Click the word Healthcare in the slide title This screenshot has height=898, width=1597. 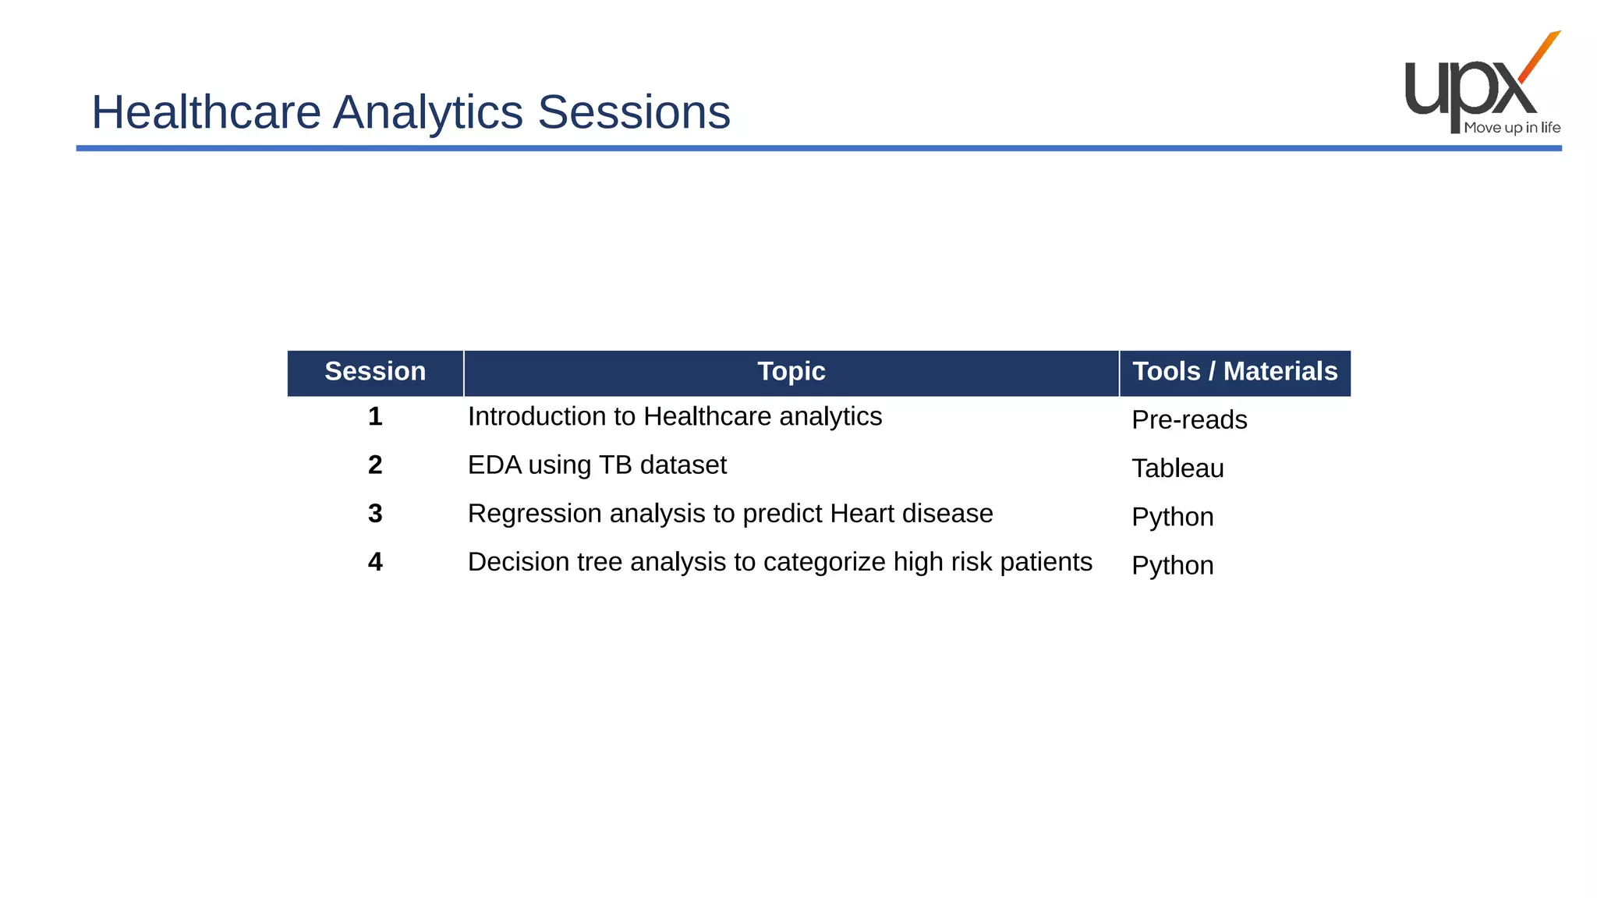tap(206, 112)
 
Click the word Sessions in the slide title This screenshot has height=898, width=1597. tap(633, 112)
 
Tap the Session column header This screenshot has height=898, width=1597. tap(375, 372)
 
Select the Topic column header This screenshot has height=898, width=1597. tap(791, 372)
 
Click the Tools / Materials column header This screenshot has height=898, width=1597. tap(1234, 372)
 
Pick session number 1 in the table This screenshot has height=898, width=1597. tap(375, 416)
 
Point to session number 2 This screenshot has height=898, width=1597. tap(375, 465)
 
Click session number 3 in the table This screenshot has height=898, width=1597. tap(375, 514)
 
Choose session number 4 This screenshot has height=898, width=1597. tap(375, 562)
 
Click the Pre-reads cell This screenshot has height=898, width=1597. tap(1188, 420)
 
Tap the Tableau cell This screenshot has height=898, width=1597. tap(1177, 468)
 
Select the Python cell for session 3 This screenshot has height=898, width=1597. tap(1172, 517)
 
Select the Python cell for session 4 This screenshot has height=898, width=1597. tap(1172, 565)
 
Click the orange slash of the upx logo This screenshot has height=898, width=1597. tap(1539, 56)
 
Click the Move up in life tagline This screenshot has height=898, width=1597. tap(1511, 128)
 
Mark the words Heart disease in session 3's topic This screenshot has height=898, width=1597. tap(911, 514)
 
